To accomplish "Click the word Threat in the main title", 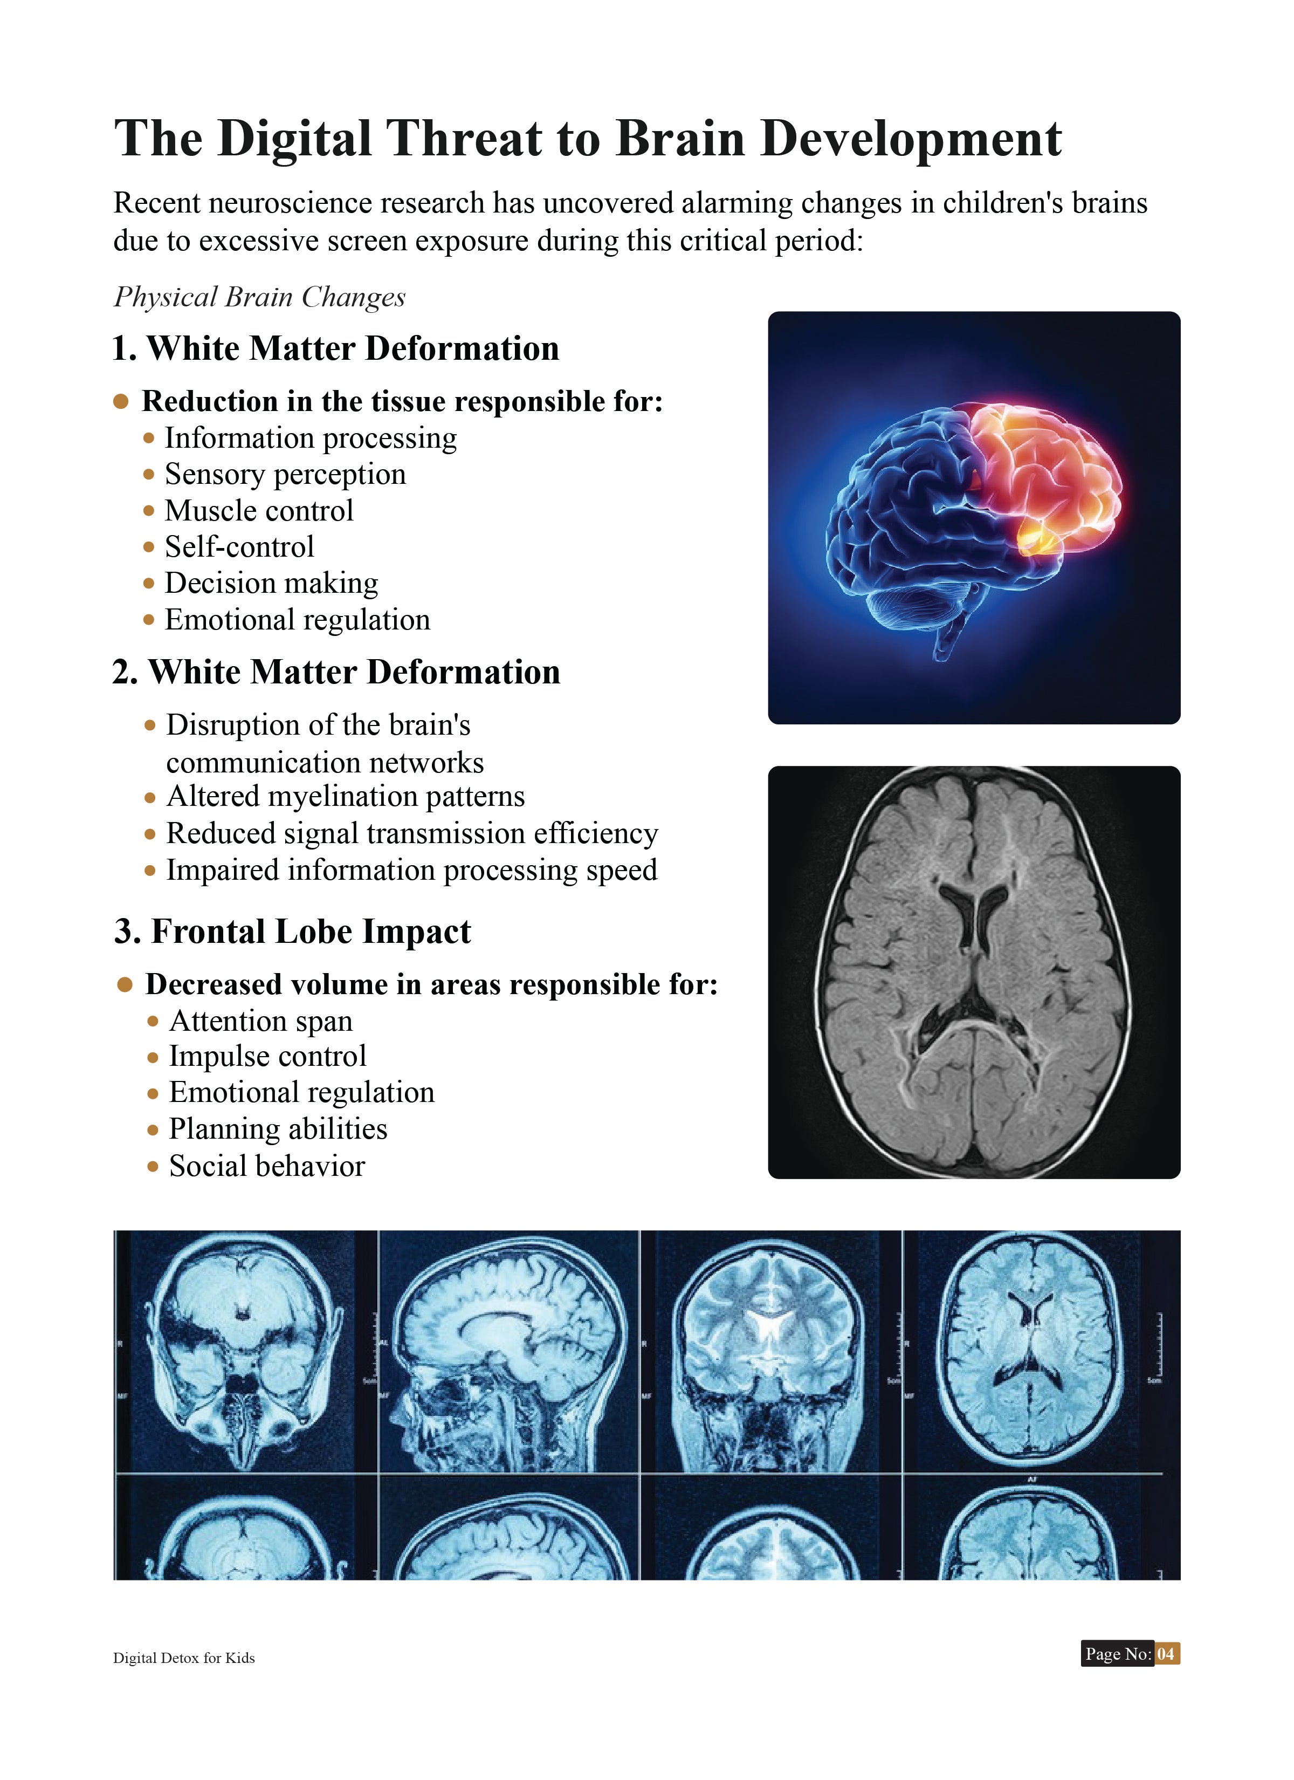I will [463, 139].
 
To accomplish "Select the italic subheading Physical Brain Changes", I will [260, 297].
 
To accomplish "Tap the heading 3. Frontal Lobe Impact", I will [293, 932].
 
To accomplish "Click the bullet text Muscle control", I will [259, 511].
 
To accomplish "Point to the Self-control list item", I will [239, 547].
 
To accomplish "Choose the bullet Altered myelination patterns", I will [345, 797].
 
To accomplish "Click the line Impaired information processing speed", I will [412, 871].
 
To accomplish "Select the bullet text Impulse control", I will [267, 1056].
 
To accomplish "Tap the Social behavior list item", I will [267, 1166].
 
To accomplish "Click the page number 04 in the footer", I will [1166, 1654].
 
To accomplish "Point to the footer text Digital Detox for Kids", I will [184, 1658].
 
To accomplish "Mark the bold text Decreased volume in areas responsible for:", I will [431, 985].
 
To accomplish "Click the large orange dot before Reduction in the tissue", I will [121, 402].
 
